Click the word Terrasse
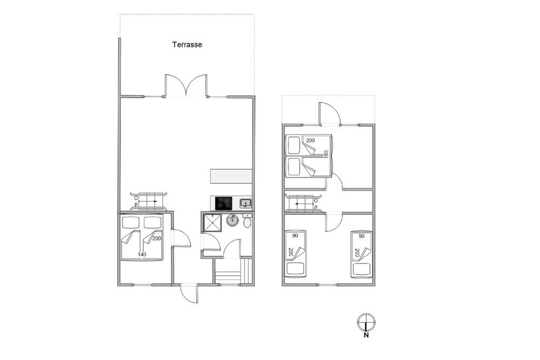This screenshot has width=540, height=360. click(x=187, y=44)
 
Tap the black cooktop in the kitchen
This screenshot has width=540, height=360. click(x=224, y=203)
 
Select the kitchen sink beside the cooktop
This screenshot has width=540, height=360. click(x=246, y=203)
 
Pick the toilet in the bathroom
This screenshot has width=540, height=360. click(x=247, y=221)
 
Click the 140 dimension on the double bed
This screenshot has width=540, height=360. click(x=142, y=255)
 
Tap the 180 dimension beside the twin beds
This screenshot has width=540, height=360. click(x=326, y=154)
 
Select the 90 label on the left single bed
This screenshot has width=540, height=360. click(x=295, y=236)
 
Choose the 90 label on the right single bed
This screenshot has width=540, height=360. click(x=361, y=236)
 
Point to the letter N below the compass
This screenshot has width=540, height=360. click(x=366, y=335)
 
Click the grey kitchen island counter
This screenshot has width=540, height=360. click(x=231, y=176)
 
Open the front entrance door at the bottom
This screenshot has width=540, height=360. click(x=189, y=295)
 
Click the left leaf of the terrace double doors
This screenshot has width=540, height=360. click(x=175, y=85)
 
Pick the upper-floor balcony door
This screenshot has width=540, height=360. click(x=329, y=114)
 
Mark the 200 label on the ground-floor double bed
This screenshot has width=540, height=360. click(x=157, y=239)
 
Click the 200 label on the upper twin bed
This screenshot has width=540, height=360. click(x=310, y=140)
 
